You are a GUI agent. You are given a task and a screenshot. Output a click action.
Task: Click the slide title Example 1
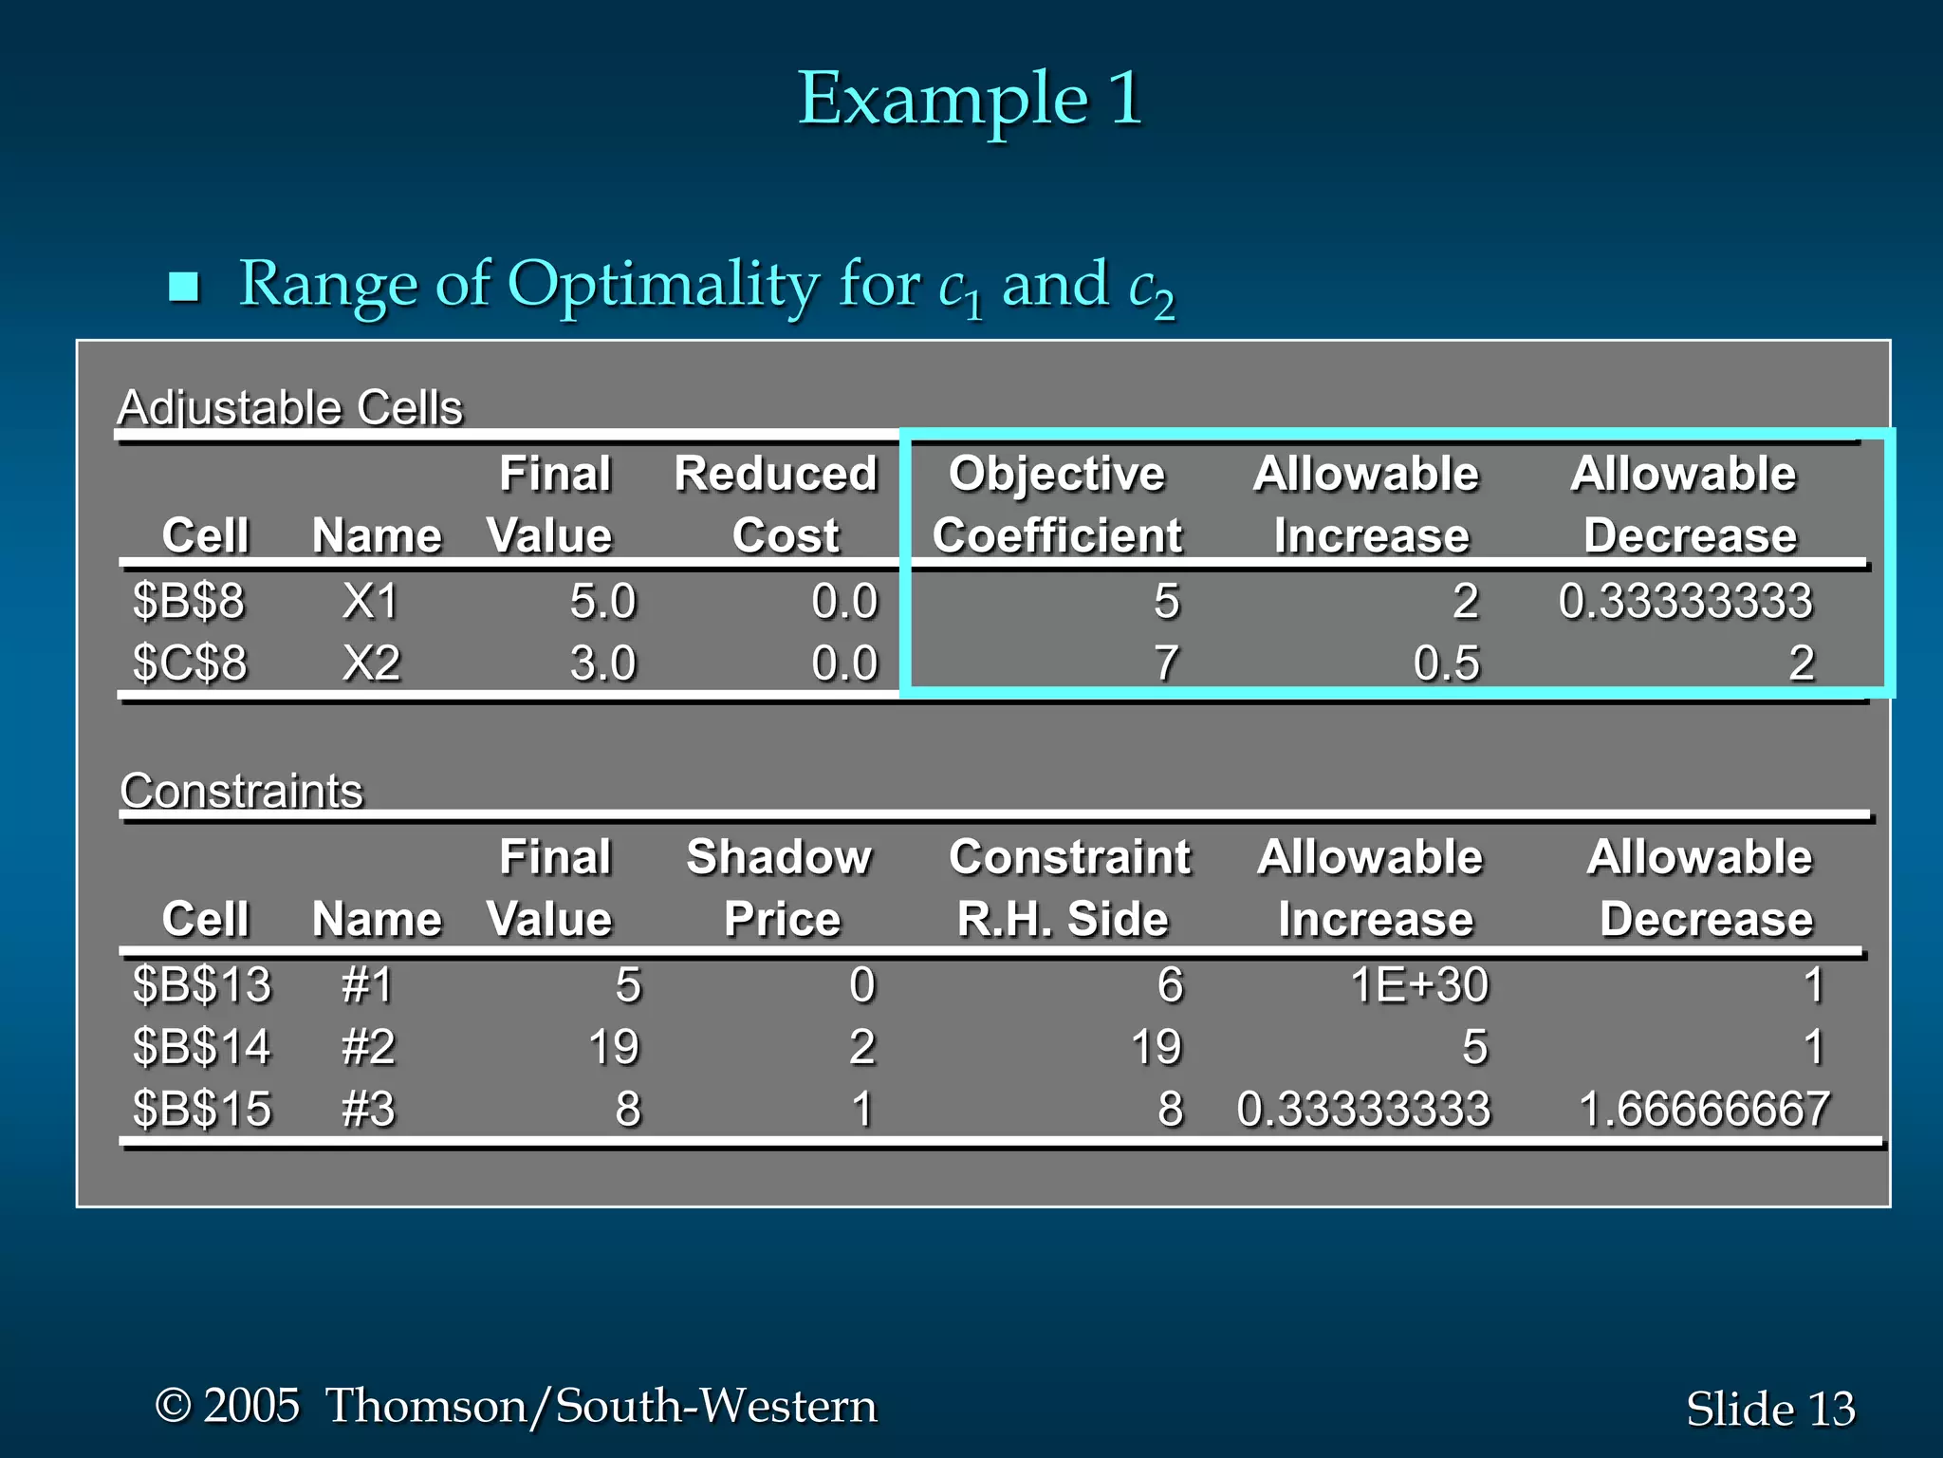pyautogui.click(x=970, y=99)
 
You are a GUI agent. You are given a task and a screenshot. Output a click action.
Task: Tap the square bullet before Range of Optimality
pyautogui.click(x=183, y=286)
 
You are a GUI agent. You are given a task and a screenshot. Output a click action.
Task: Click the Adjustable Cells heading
pyautogui.click(x=289, y=408)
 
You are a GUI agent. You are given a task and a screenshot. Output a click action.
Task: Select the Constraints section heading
pyautogui.click(x=241, y=791)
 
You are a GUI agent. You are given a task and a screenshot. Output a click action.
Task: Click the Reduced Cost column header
pyautogui.click(x=776, y=504)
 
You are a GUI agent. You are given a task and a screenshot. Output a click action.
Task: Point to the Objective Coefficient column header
pyautogui.click(x=1057, y=504)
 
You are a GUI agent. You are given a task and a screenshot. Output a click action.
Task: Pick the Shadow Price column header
pyautogui.click(x=780, y=888)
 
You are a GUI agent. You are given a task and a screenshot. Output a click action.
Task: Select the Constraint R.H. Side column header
pyautogui.click(x=1068, y=888)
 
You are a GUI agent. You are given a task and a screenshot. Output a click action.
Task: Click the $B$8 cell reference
pyautogui.click(x=189, y=601)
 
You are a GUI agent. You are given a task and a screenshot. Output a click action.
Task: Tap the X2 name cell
pyautogui.click(x=371, y=663)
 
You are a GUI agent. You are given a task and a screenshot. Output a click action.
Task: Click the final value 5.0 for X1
pyautogui.click(x=602, y=601)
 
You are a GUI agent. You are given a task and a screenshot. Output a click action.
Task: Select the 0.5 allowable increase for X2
pyautogui.click(x=1446, y=663)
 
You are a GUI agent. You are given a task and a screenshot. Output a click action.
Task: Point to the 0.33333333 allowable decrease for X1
pyautogui.click(x=1686, y=601)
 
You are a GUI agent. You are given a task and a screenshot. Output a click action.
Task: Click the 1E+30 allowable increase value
pyautogui.click(x=1418, y=984)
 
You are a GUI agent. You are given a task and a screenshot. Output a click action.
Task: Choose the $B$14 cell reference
pyautogui.click(x=202, y=1047)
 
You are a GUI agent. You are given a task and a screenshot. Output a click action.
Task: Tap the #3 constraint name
pyautogui.click(x=368, y=1109)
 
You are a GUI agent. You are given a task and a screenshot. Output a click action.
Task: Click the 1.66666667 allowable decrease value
pyautogui.click(x=1704, y=1109)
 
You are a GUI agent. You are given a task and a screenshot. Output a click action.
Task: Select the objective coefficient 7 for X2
pyautogui.click(x=1166, y=663)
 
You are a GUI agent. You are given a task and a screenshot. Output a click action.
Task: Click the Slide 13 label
pyautogui.click(x=1770, y=1409)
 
